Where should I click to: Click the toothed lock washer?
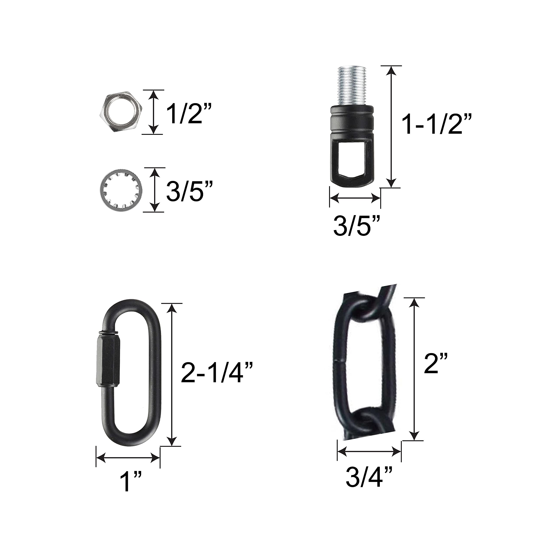[x=121, y=190]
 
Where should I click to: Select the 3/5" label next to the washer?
[x=190, y=190]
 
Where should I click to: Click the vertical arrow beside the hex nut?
[x=154, y=112]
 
